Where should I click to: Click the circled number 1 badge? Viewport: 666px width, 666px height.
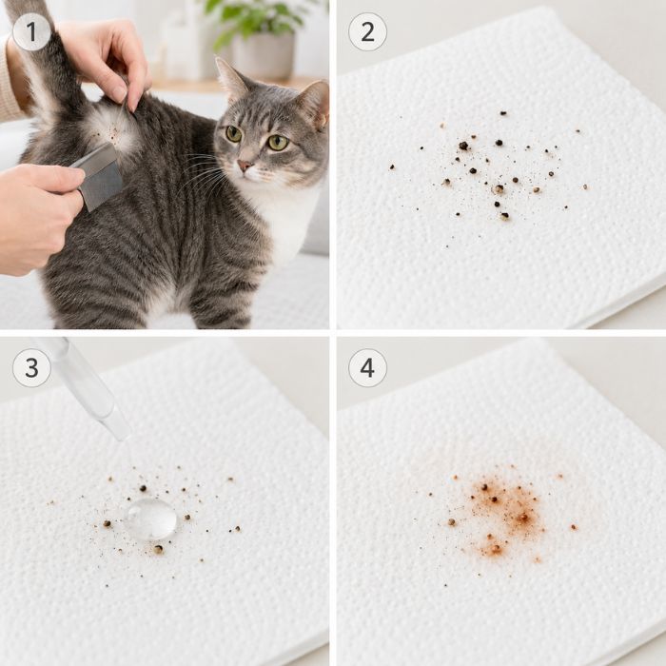pos(31,31)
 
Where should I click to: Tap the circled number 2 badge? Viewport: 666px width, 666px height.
pos(367,31)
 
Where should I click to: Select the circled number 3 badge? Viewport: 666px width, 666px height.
pos(31,368)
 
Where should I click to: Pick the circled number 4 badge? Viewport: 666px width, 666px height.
pos(367,368)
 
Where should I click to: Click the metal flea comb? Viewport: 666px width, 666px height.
pos(99,176)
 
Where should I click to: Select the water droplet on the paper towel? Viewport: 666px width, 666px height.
pos(150,519)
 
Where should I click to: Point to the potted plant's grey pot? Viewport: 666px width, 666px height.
pos(264,55)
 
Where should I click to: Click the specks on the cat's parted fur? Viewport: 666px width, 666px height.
pos(112,131)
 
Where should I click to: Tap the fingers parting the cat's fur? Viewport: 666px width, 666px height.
pos(127,81)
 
